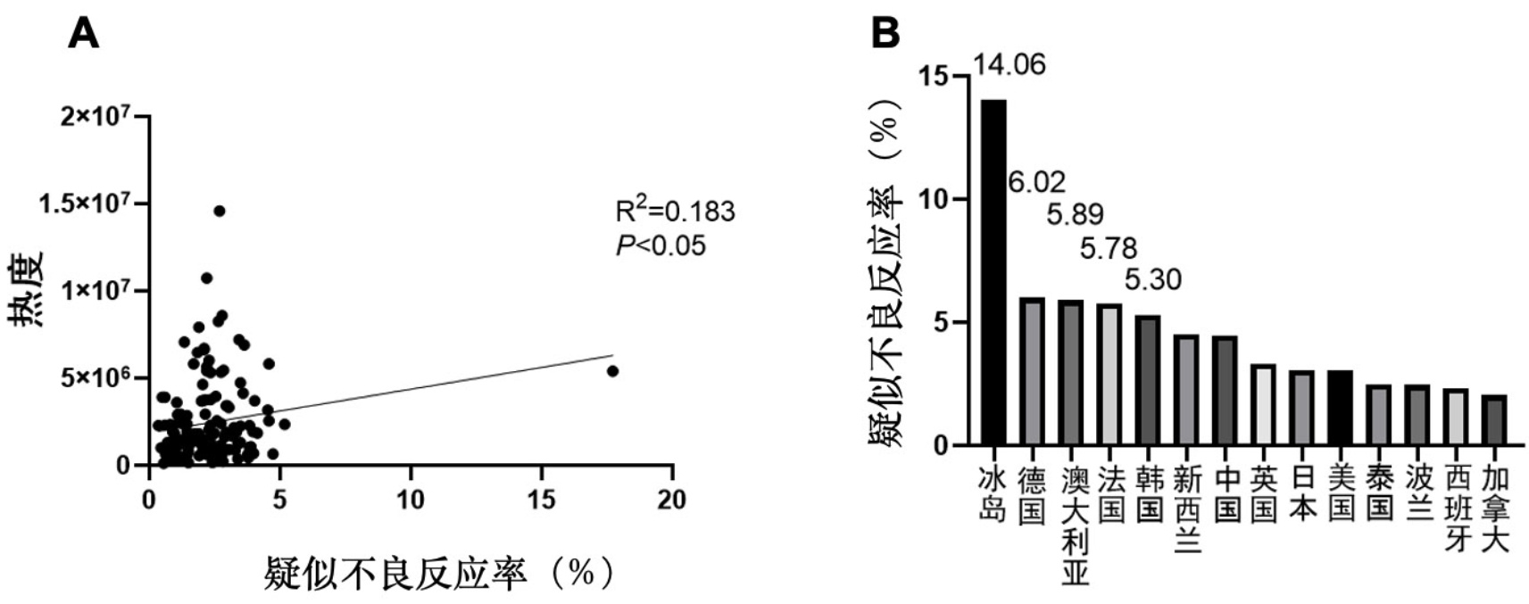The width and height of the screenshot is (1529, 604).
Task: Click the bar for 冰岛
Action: click(x=993, y=272)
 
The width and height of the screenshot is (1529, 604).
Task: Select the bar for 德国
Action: click(x=1032, y=371)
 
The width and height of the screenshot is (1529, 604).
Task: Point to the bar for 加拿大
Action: click(x=1494, y=419)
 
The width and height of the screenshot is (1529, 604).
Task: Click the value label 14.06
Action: click(x=1009, y=65)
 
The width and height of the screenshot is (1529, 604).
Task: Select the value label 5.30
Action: click(x=1152, y=279)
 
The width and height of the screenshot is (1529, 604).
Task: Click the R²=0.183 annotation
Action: click(x=675, y=211)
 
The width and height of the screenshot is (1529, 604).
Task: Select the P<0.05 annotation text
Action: click(x=661, y=245)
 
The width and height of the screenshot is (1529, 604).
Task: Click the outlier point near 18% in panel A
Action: click(x=612, y=371)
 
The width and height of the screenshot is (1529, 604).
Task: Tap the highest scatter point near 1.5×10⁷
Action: click(x=219, y=211)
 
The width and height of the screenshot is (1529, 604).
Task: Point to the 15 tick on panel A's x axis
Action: click(x=541, y=501)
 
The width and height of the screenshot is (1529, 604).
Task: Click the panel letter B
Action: click(x=885, y=33)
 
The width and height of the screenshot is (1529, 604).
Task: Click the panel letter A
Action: click(x=83, y=33)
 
